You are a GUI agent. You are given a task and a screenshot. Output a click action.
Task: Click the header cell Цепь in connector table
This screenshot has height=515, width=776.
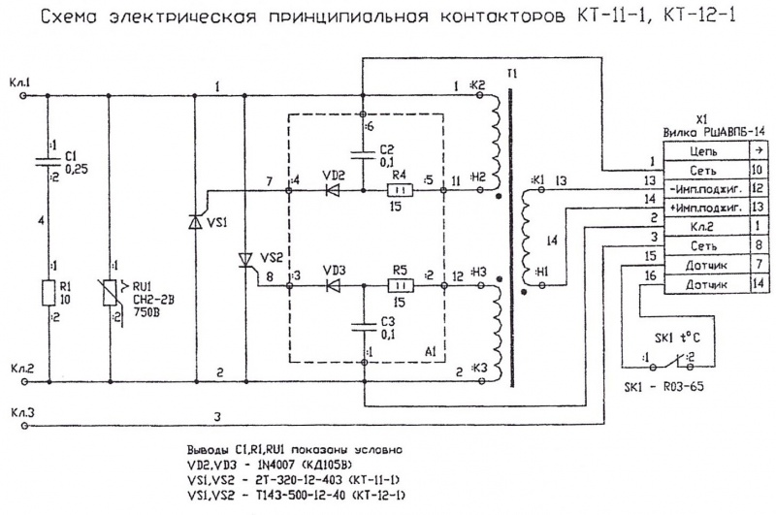coord(704,151)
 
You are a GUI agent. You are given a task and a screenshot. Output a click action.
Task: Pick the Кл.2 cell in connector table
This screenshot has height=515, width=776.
coord(704,225)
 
